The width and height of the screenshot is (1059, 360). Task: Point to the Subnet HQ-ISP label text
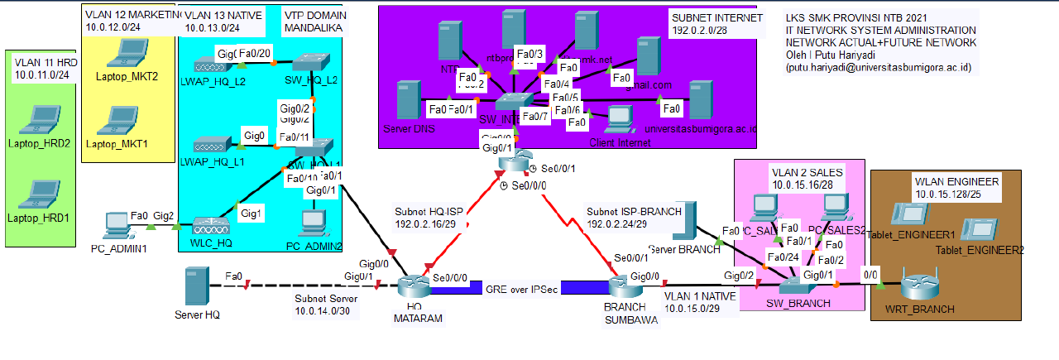[429, 211]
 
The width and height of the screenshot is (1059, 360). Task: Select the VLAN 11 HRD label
[46, 63]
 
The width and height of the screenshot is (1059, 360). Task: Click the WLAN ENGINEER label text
[956, 181]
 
